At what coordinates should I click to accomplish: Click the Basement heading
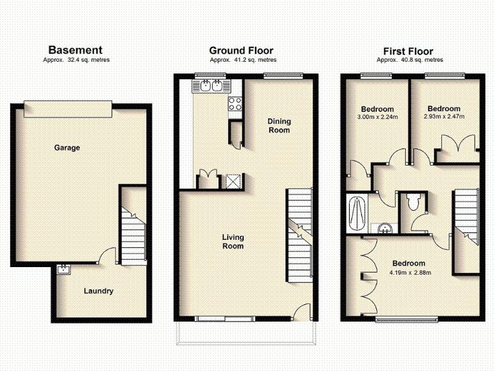(x=75, y=50)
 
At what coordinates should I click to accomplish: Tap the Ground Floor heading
(x=241, y=51)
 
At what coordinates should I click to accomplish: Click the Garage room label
(x=67, y=148)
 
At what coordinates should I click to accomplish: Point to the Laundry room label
(x=98, y=291)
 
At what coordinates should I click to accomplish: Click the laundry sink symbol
(x=64, y=269)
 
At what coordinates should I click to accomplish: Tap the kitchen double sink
(x=212, y=87)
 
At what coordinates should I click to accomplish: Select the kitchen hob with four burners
(x=235, y=104)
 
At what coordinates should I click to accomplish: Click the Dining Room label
(x=278, y=126)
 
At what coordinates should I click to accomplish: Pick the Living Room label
(x=233, y=242)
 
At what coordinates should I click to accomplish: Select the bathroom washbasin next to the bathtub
(x=385, y=228)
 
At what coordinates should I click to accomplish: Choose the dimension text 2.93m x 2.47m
(x=443, y=116)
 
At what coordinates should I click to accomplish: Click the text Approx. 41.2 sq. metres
(x=243, y=60)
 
